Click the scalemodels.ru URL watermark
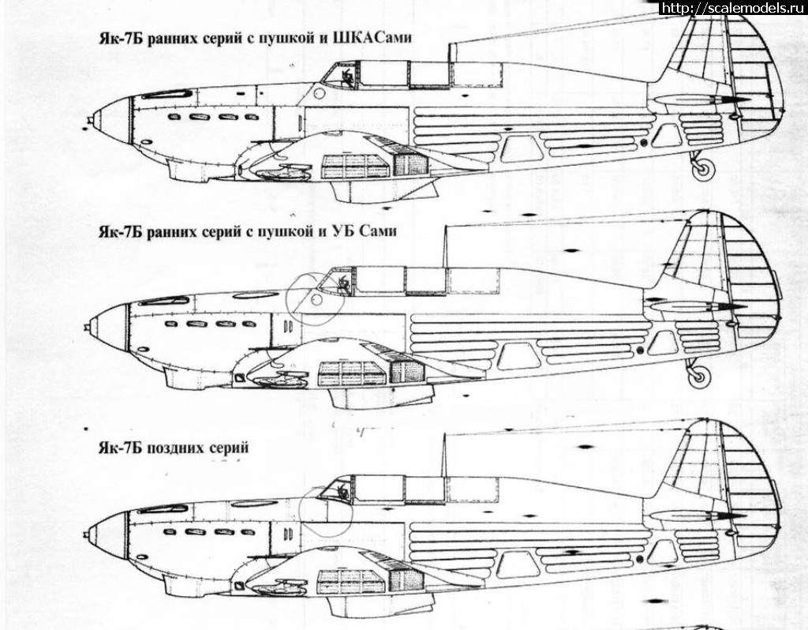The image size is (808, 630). point(733,8)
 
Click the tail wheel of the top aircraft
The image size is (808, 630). point(703,167)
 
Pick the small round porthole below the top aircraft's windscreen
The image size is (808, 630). point(318,94)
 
